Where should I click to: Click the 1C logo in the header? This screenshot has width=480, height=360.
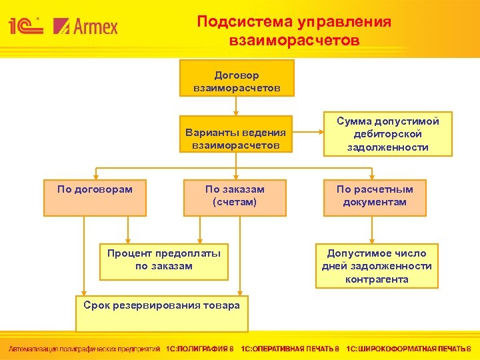[x=25, y=26]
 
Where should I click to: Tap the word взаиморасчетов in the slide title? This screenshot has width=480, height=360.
[x=294, y=41]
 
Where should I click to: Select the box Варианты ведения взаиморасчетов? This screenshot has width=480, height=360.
[x=237, y=138]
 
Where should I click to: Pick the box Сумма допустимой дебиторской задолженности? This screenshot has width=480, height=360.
[x=387, y=133]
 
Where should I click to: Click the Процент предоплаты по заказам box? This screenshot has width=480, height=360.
[x=164, y=260]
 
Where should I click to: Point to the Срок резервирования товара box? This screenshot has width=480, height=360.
[x=161, y=313]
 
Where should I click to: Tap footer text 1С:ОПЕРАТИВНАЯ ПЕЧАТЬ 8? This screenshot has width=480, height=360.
[x=290, y=349]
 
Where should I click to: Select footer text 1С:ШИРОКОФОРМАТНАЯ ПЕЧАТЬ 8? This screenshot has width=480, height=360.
[x=409, y=349]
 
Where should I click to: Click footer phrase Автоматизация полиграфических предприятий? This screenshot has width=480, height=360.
[x=84, y=349]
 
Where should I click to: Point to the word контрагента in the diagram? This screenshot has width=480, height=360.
[x=377, y=279]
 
